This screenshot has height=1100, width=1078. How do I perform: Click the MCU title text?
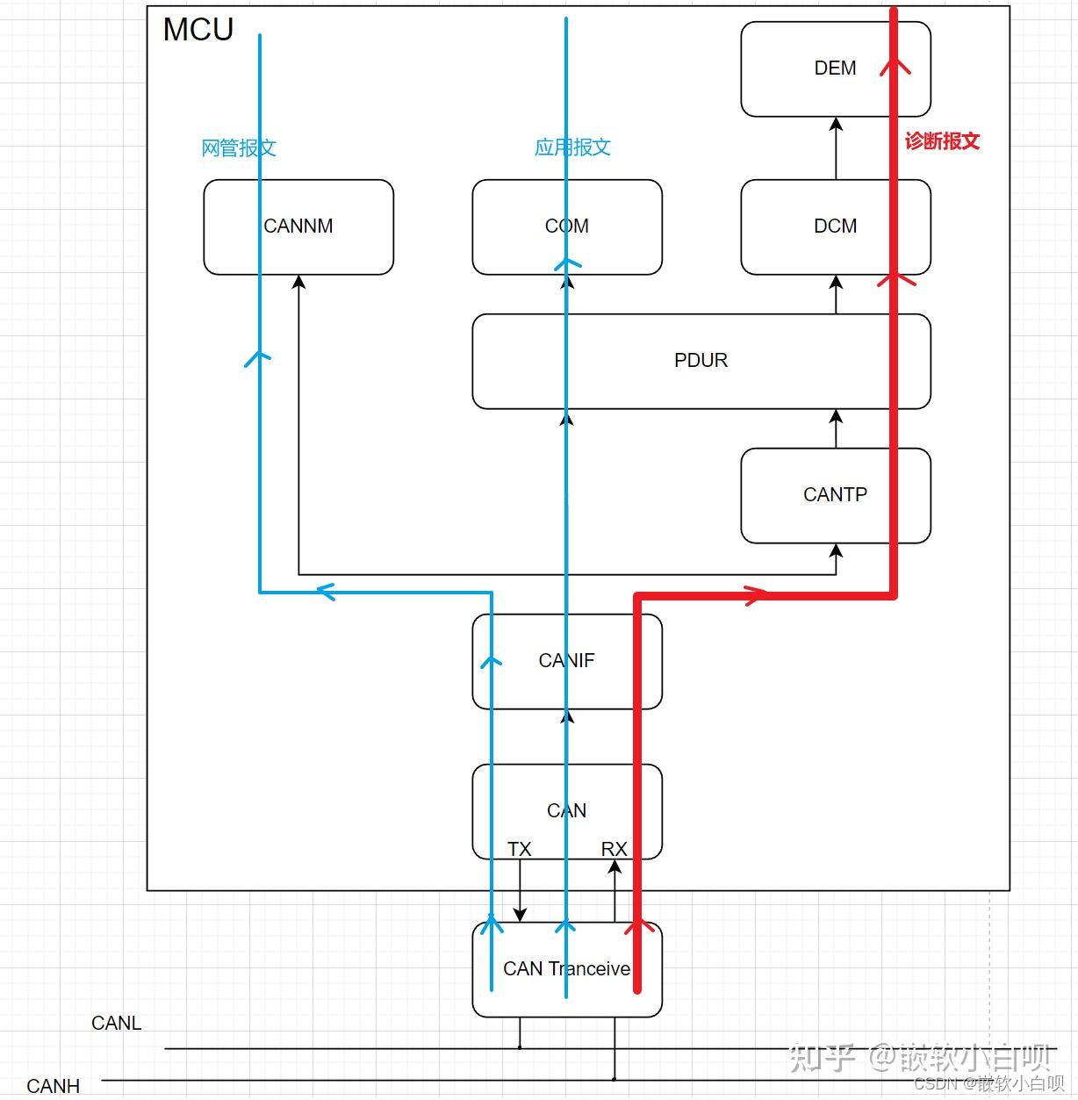click(198, 30)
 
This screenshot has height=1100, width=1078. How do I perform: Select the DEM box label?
click(835, 68)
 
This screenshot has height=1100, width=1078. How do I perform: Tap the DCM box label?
click(836, 226)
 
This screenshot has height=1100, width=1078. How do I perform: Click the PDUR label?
click(701, 360)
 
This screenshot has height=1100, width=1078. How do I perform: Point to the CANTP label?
click(835, 494)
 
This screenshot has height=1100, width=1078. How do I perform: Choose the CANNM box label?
click(298, 226)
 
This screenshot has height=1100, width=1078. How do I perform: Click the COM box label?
click(566, 226)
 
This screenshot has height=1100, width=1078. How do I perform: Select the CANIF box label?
click(566, 660)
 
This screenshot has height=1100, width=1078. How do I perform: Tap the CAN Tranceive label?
click(566, 968)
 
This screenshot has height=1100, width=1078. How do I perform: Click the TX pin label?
click(520, 850)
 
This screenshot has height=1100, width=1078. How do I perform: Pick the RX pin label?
click(614, 850)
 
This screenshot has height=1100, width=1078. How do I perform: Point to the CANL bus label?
click(116, 1023)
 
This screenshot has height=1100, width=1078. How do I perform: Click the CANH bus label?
click(53, 1086)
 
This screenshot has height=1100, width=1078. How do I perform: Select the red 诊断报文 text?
click(942, 141)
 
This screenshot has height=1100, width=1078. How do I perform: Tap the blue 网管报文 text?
click(239, 147)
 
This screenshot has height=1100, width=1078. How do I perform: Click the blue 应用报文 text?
click(572, 147)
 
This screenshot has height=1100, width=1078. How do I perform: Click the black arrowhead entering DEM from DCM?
click(836, 123)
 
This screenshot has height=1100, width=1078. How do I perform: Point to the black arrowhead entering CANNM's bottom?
click(298, 282)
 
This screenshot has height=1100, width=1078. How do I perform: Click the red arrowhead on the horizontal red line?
click(756, 596)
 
